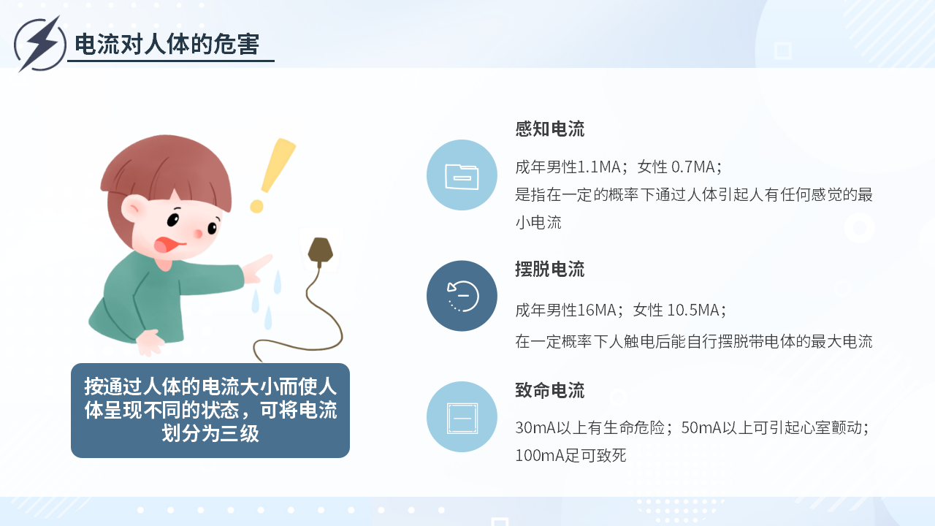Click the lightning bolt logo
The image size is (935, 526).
40,44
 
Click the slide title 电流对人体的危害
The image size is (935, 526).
167,44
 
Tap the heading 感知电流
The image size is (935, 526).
550,129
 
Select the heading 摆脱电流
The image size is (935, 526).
550,270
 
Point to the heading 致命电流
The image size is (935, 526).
550,390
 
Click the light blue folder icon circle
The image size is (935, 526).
462,175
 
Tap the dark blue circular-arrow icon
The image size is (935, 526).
462,296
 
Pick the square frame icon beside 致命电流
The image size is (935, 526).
462,418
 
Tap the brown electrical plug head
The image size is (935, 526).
320,251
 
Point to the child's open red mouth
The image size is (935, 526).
167,245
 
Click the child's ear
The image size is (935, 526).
133,208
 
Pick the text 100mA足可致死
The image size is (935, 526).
570,455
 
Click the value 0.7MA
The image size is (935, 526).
693,167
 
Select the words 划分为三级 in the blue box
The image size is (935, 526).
210,433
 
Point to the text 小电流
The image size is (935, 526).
538,223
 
